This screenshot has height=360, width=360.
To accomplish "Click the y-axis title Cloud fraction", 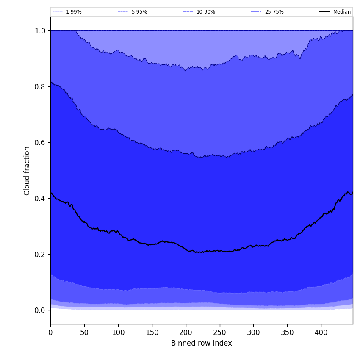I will tap(27, 171).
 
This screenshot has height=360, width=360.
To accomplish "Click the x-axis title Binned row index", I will tap(201, 343).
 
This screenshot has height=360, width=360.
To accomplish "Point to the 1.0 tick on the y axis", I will tap(40, 31).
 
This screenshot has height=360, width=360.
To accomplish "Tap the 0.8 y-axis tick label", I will tap(40, 87).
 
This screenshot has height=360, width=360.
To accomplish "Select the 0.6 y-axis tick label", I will tap(40, 143).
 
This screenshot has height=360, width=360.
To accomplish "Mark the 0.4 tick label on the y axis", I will tap(40, 199).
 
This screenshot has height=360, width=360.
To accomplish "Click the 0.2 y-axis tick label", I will tap(40, 255).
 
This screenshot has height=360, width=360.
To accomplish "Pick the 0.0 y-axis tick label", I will tap(40, 310).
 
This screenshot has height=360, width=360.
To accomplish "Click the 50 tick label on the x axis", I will tap(84, 332).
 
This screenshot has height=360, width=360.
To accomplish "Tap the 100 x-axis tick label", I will tap(118, 332).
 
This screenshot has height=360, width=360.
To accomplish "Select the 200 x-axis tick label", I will tap(186, 332).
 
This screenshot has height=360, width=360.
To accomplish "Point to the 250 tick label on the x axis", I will tap(220, 332).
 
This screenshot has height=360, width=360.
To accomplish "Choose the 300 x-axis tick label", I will tap(253, 332).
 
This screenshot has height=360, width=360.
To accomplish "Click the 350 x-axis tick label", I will tap(287, 332).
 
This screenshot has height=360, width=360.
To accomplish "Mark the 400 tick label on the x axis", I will tap(321, 332).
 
